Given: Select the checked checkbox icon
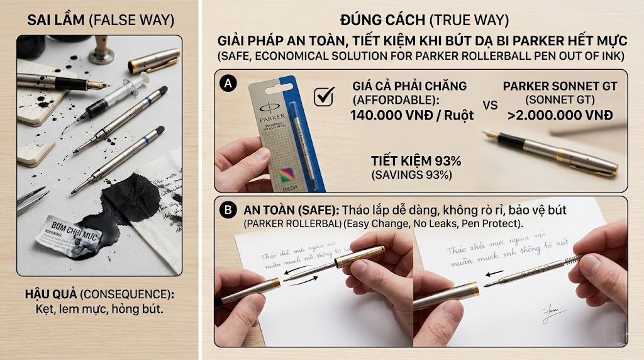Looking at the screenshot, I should point(323,98).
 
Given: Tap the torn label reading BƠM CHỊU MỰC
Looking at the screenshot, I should point(70,228).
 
